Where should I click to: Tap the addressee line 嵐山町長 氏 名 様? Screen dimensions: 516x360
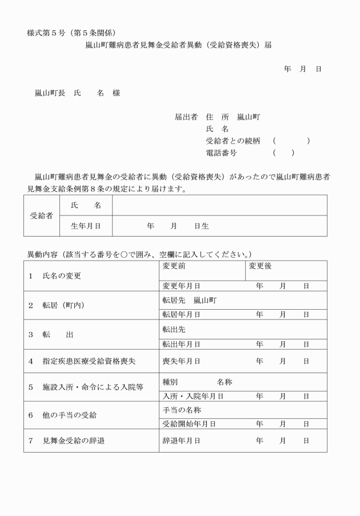(77, 93)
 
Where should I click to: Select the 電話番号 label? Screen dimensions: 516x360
(221, 153)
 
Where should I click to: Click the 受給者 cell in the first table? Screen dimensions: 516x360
(41, 215)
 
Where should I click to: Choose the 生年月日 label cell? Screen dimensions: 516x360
(86, 226)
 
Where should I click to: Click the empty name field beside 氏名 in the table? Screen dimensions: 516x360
(219, 205)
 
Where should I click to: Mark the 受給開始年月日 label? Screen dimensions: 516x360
(189, 424)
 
